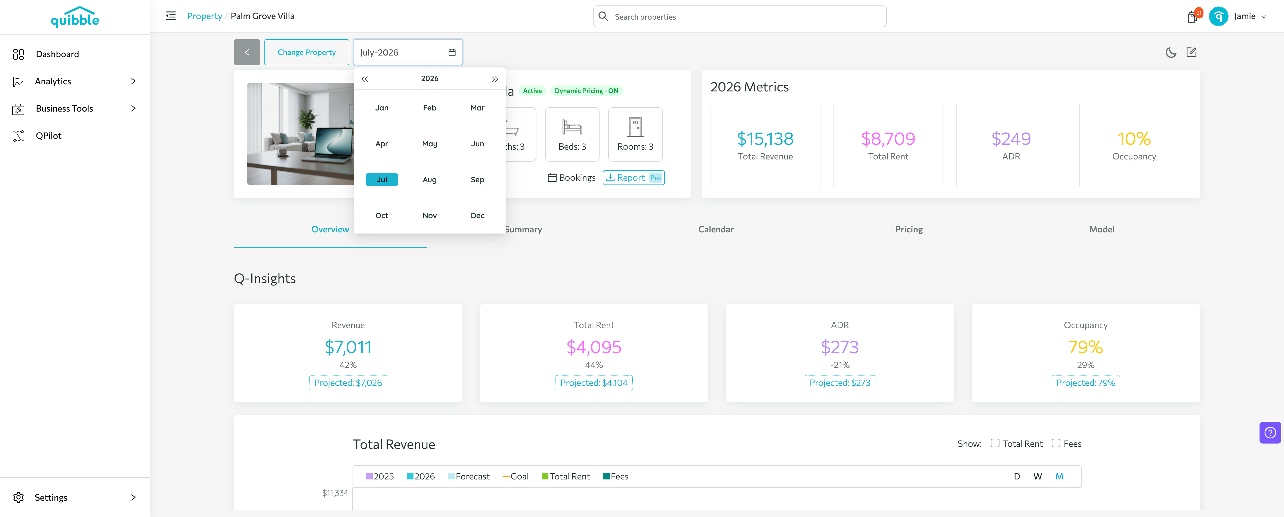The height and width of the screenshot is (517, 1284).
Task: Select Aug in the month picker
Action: coord(429,180)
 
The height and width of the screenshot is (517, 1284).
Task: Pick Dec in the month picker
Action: coord(477,216)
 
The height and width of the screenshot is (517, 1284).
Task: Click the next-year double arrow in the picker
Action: coord(495,79)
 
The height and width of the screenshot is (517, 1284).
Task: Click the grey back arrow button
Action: coord(247,52)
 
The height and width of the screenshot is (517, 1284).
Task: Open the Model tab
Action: coord(1101,229)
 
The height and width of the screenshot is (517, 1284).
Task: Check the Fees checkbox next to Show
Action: coord(1056,443)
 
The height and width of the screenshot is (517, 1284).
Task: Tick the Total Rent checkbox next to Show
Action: coord(995,443)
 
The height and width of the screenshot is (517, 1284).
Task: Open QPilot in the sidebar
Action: coord(48,136)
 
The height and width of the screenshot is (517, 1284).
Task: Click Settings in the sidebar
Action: coord(51,498)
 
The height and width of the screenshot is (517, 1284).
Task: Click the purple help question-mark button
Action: coord(1270,433)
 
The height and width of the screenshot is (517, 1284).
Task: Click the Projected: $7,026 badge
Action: coord(348,383)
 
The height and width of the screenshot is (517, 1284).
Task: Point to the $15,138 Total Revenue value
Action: coord(765,139)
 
